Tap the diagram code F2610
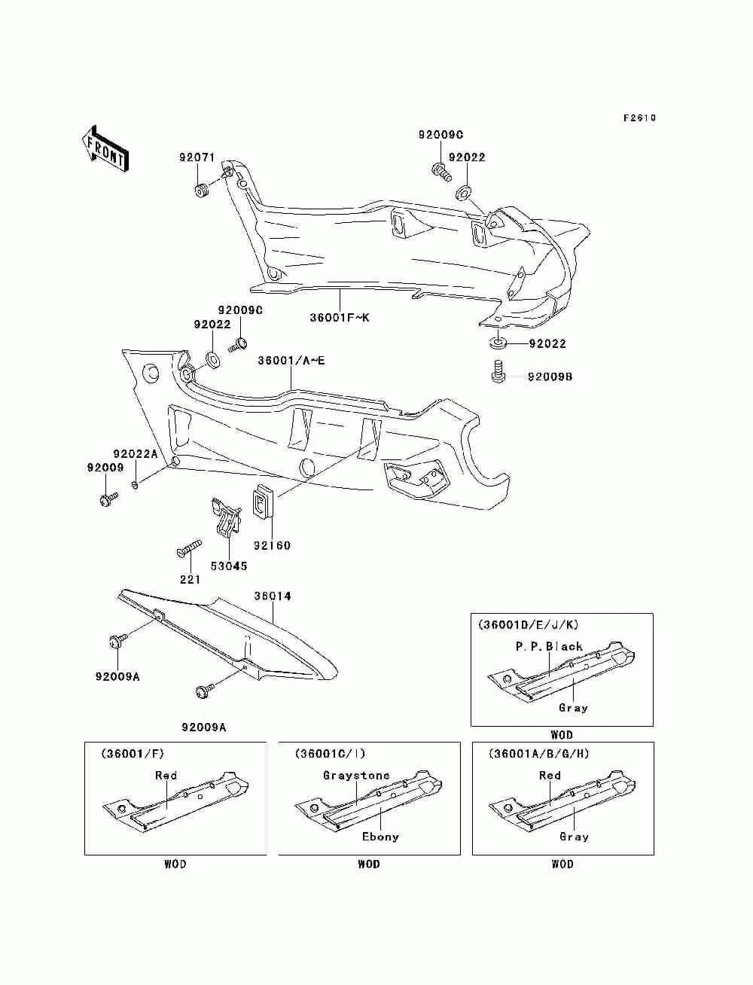(639, 118)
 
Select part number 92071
(197, 157)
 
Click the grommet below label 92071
(203, 190)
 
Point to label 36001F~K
(340, 318)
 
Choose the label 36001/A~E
(291, 361)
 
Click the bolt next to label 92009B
(498, 371)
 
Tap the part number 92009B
(550, 377)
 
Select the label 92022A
(135, 454)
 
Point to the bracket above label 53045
(226, 517)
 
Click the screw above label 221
(189, 549)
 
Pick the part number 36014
(273, 596)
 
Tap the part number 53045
(229, 566)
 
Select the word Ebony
(380, 837)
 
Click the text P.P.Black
(549, 647)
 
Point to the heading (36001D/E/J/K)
(528, 624)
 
